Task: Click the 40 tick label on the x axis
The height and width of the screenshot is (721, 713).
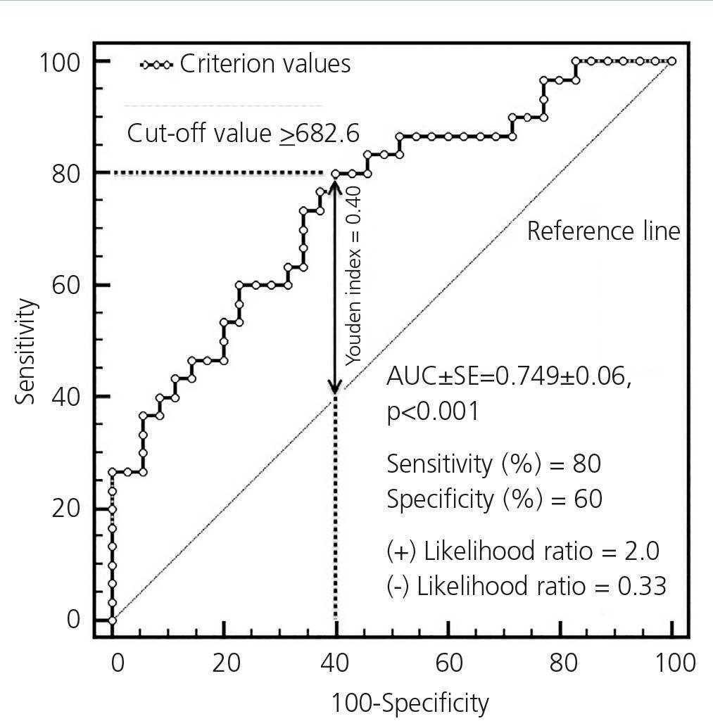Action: coord(336,663)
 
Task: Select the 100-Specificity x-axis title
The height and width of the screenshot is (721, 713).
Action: coord(410,703)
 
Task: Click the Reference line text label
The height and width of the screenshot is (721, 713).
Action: coord(603,231)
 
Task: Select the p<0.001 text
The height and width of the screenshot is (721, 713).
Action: coord(432,411)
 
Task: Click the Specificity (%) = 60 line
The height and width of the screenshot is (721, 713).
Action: coord(494,499)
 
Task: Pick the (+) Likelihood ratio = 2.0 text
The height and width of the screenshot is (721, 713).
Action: coord(523,551)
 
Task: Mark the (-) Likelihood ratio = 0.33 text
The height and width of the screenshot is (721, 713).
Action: coord(526,586)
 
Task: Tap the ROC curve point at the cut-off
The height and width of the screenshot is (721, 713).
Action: coord(336,174)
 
